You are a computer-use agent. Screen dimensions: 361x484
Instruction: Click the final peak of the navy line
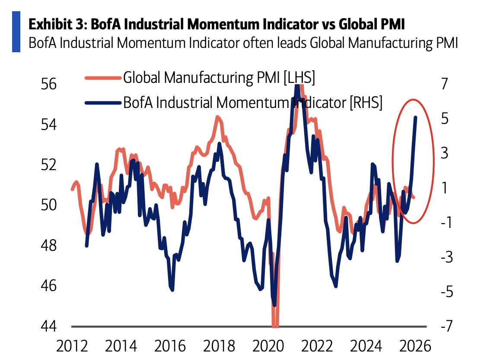click(415, 117)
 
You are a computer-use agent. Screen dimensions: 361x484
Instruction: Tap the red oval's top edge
click(413, 100)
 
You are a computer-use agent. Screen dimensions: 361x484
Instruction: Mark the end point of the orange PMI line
click(414, 198)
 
